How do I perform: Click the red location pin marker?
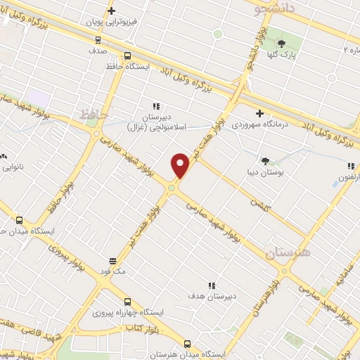(180, 165)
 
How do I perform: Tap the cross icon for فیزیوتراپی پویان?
(111, 11)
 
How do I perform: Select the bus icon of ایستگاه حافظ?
(127, 56)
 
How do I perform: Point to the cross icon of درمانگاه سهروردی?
(259, 112)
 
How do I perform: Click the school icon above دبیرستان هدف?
(211, 285)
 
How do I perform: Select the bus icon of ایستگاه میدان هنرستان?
(186, 344)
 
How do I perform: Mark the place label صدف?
(98, 51)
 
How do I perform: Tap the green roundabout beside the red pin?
(172, 187)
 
